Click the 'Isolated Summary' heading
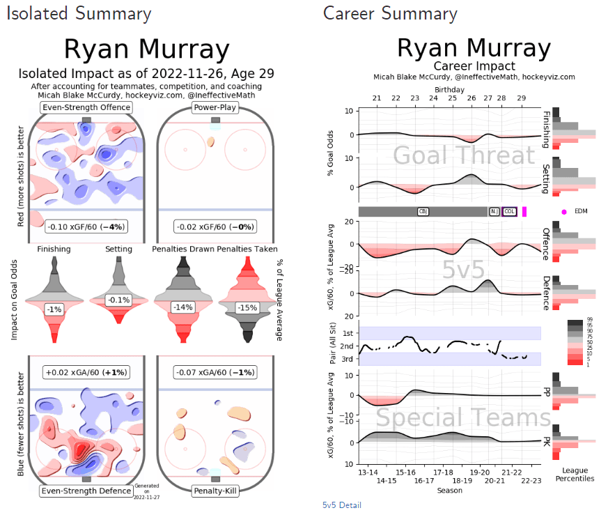79,13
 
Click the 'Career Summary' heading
390,13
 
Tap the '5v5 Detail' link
342,505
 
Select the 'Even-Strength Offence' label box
86,107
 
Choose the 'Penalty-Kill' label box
215,491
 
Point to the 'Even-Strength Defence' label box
86,491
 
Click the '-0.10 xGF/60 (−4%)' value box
86,227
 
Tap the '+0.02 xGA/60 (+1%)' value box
86,372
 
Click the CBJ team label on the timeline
423,211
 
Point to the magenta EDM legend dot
564,211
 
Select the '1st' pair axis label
348,333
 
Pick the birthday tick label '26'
471,99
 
